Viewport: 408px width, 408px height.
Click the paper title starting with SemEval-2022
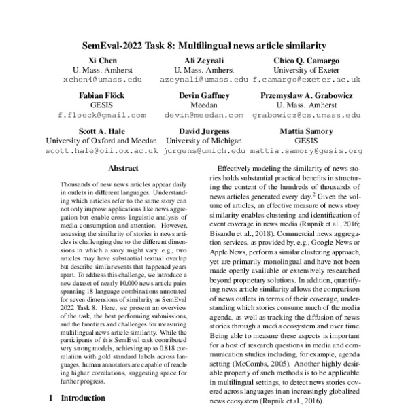204,46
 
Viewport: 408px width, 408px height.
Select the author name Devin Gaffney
203,96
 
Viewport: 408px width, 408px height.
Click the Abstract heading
123,168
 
